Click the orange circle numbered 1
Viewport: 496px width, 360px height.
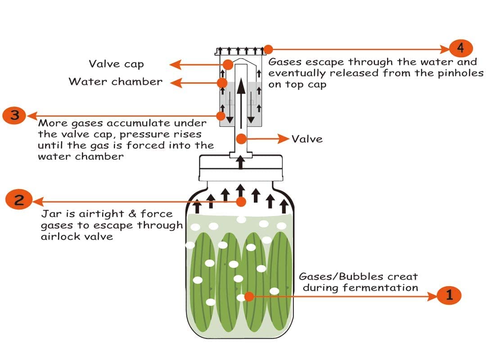(x=449, y=296)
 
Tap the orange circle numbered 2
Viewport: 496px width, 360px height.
(x=19, y=200)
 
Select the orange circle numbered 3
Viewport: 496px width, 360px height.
(x=15, y=116)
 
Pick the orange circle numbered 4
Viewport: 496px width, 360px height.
(x=461, y=49)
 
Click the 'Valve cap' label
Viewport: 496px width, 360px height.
(x=116, y=64)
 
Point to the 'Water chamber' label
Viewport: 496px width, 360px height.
(x=116, y=81)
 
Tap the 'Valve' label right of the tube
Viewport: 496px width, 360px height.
(x=307, y=139)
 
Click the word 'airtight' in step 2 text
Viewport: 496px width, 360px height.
(x=101, y=214)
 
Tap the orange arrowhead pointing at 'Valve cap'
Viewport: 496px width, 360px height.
(x=176, y=65)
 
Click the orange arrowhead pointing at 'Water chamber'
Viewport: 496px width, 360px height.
(x=176, y=83)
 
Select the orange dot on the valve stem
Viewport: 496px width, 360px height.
(x=241, y=139)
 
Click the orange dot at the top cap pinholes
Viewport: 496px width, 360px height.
(x=268, y=49)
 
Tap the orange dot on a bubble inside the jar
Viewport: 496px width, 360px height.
(x=249, y=297)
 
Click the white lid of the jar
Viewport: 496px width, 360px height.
(x=241, y=168)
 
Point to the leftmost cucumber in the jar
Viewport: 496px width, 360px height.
(x=203, y=282)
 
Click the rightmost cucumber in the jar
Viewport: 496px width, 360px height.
(x=280, y=280)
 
